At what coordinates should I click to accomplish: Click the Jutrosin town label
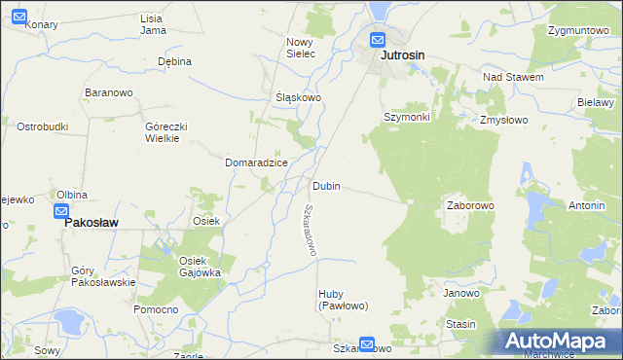401,56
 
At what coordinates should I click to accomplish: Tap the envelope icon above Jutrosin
378,41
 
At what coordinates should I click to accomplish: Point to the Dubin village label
326,186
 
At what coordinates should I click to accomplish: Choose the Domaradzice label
256,162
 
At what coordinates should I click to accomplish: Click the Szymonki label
406,117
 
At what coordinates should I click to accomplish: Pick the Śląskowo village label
298,98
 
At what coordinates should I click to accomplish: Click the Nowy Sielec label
301,48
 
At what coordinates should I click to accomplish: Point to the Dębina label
174,61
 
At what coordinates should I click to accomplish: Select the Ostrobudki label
42,126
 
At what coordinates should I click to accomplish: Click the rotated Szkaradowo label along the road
310,230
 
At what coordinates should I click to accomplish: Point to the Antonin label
587,206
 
